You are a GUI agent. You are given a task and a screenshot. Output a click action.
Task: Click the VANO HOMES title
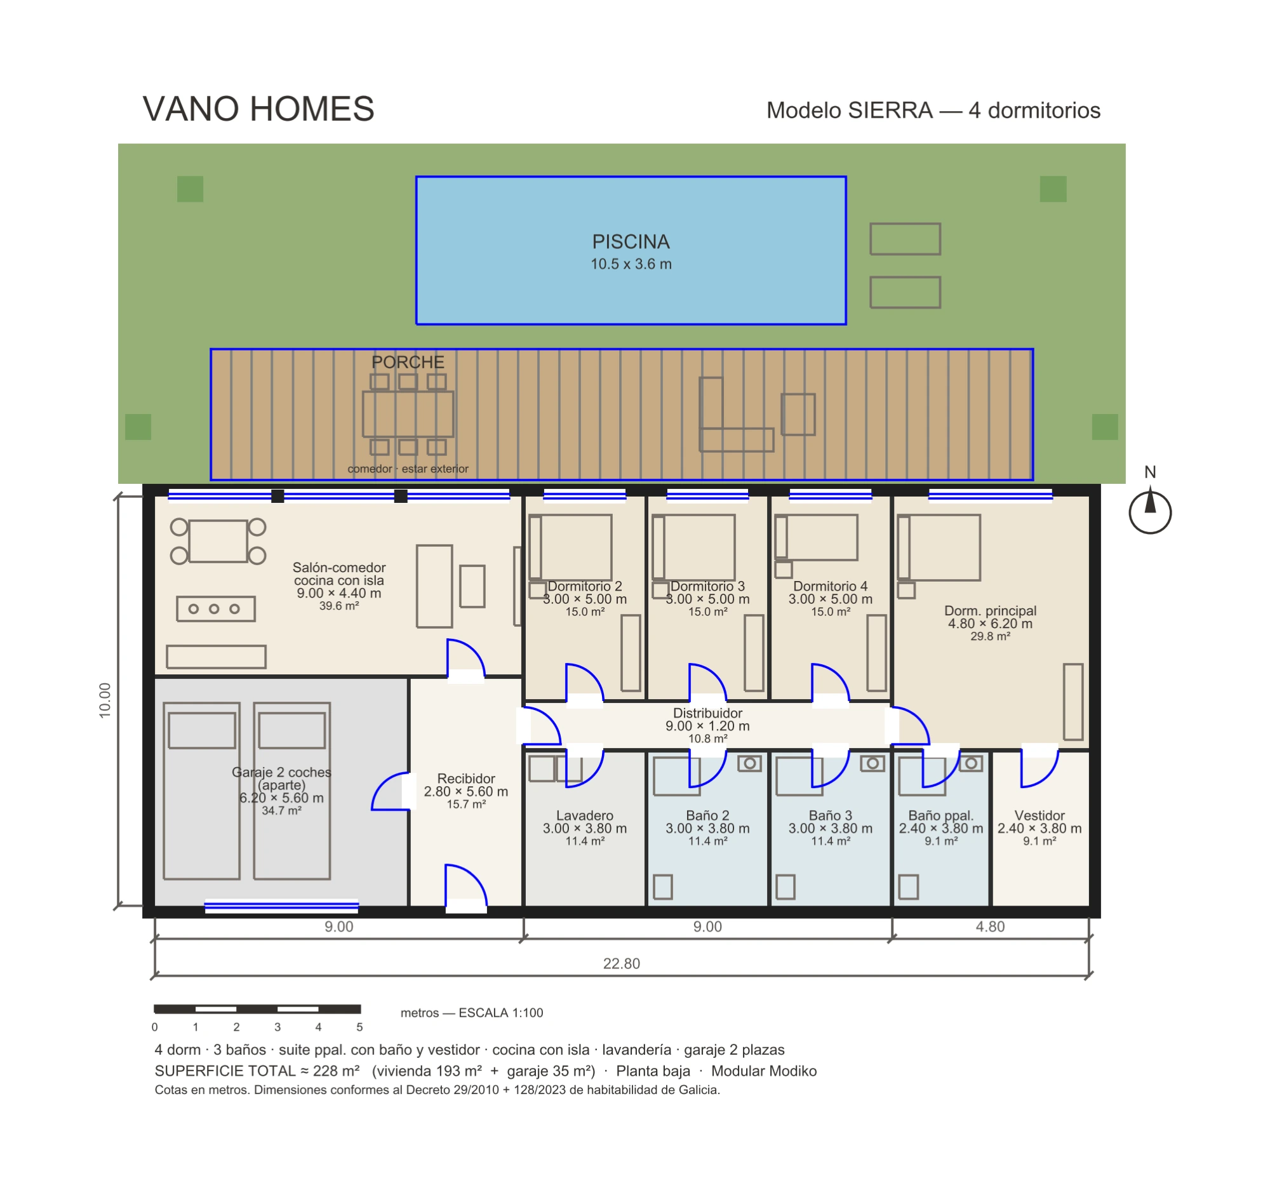tap(258, 109)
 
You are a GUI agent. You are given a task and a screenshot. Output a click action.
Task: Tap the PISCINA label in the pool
tap(631, 242)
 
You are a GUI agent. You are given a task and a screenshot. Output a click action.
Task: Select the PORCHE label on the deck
tap(408, 362)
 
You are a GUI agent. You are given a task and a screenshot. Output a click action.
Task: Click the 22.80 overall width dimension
tap(622, 963)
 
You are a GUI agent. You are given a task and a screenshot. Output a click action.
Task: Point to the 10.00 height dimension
tap(105, 700)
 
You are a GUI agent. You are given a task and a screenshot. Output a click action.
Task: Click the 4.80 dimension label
tap(990, 926)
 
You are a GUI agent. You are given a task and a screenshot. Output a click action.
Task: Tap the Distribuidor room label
tap(708, 713)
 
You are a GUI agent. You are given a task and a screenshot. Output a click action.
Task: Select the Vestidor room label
tap(1039, 815)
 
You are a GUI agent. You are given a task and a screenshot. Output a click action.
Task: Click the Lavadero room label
tap(585, 815)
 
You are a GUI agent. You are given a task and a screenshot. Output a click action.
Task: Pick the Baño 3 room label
tap(831, 815)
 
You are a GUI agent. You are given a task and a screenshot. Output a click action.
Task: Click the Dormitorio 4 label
tap(831, 585)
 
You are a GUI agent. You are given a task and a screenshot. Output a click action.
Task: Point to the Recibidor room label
tap(466, 778)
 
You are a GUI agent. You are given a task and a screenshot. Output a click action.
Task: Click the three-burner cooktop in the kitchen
tap(216, 609)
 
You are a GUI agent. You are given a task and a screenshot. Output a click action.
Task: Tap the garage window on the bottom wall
tap(282, 906)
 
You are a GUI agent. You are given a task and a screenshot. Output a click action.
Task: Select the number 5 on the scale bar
tap(359, 1027)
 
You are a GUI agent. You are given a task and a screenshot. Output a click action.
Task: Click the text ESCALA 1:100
tap(501, 1012)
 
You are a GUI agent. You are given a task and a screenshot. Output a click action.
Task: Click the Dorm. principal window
tap(990, 495)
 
